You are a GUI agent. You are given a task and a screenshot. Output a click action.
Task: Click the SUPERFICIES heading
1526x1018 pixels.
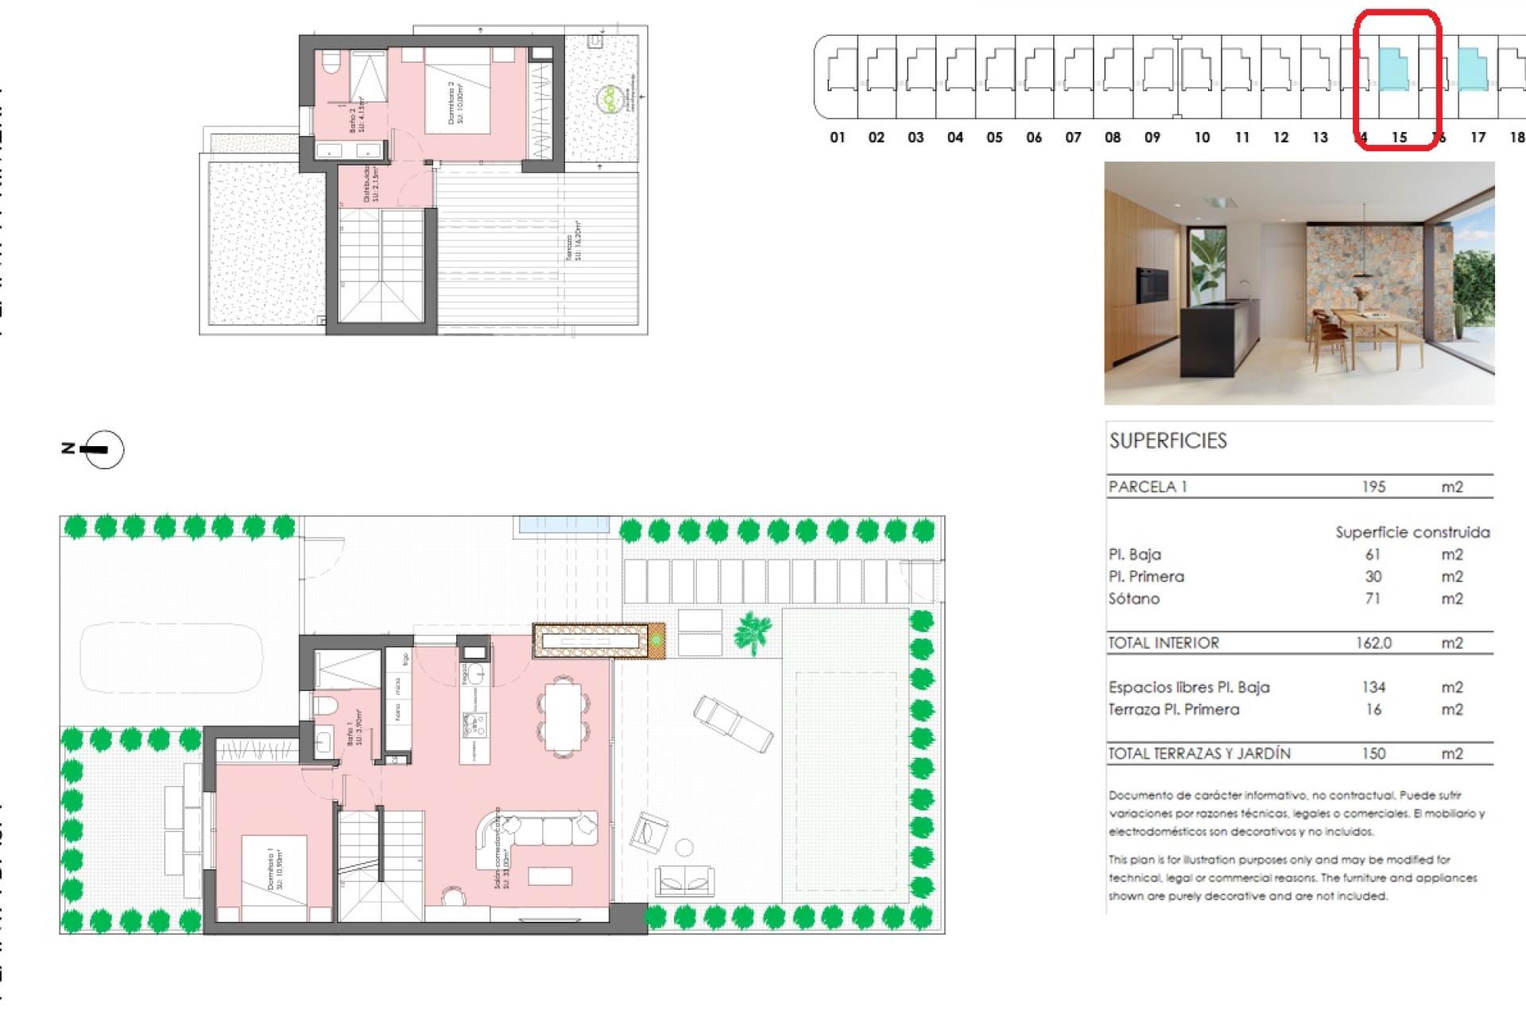pos(1168,441)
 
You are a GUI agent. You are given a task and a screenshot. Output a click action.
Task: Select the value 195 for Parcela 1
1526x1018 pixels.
pos(1373,487)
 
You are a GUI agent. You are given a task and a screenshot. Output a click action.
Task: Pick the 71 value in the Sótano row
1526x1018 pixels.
pos(1373,599)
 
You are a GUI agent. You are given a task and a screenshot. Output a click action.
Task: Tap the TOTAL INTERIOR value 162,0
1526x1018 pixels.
pos(1373,643)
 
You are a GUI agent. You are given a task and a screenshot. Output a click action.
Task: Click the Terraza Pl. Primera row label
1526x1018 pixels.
pos(1173,709)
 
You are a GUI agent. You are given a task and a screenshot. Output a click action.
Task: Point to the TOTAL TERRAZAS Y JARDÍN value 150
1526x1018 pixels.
pos(1373,753)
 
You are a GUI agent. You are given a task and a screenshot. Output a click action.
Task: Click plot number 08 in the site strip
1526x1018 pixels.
pos(1113,138)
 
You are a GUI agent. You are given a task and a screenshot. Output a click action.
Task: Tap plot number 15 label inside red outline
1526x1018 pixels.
pos(1399,138)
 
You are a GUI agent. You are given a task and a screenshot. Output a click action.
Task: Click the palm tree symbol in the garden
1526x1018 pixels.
pos(752,632)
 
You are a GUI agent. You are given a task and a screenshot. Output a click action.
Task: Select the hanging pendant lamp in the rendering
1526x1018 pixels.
pos(1364,274)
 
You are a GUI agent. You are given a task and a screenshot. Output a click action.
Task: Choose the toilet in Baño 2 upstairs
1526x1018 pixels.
pos(331,61)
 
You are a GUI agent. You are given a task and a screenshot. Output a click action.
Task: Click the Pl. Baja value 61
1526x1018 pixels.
pos(1373,554)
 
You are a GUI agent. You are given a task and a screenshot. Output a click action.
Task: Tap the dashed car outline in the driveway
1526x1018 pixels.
pos(171,657)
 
